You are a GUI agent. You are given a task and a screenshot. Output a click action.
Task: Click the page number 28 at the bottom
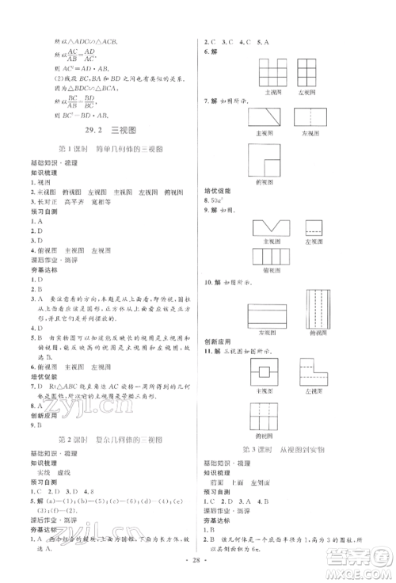197,570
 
